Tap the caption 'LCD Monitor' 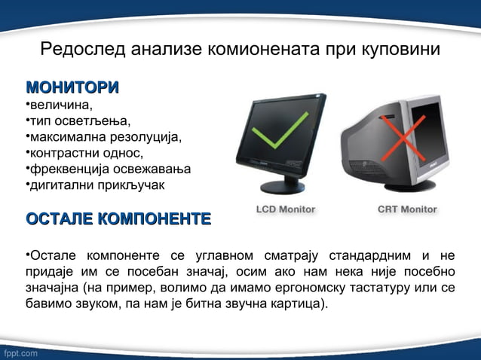click(x=286, y=209)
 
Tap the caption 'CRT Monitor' click(x=407, y=209)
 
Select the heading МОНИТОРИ click(x=72, y=87)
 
